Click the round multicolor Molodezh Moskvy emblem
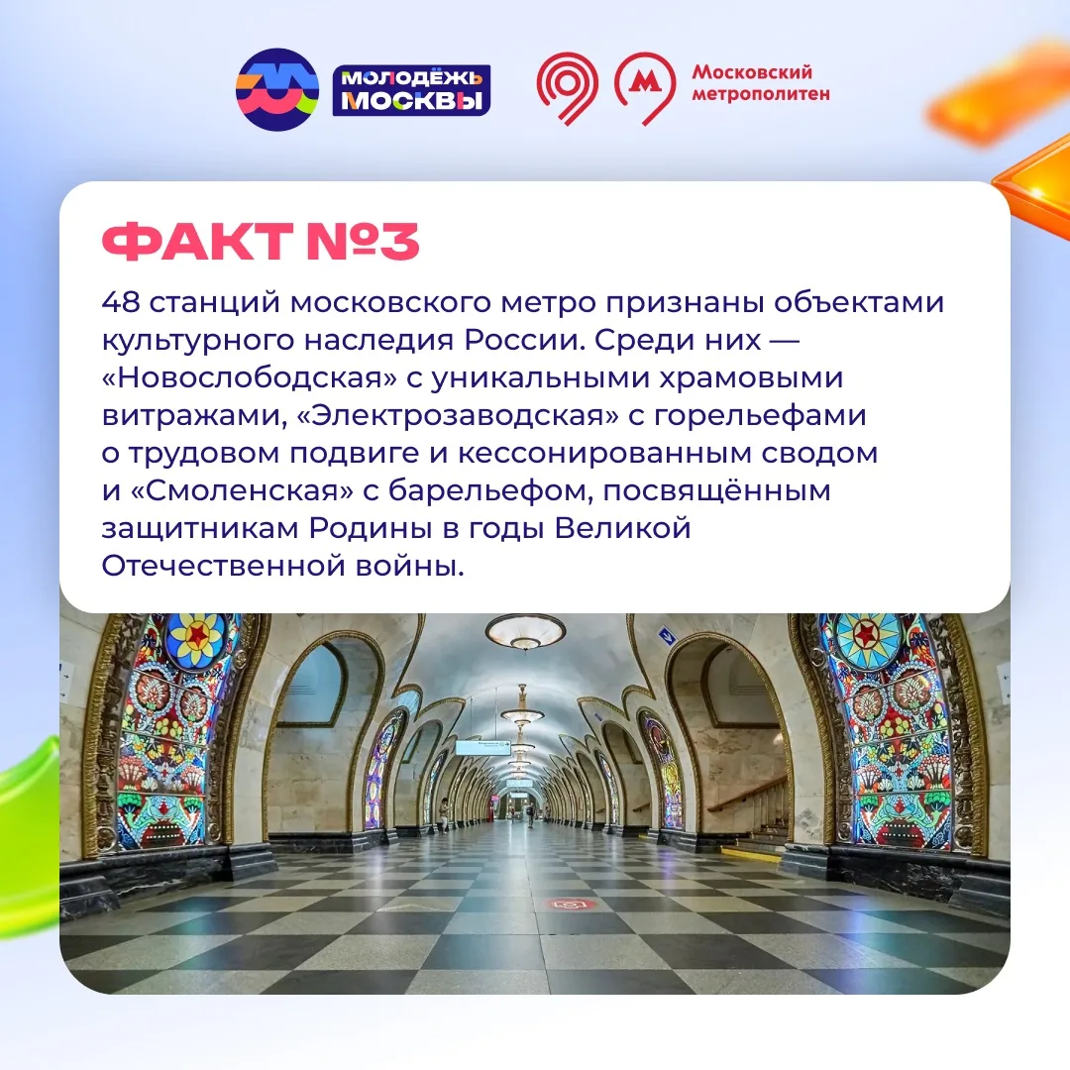pyautogui.click(x=277, y=89)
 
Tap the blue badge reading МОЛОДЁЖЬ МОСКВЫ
pyautogui.click(x=411, y=90)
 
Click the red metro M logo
pyautogui.click(x=645, y=88)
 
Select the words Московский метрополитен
pyautogui.click(x=761, y=82)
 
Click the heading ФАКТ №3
pyautogui.click(x=260, y=242)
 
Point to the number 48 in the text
pyautogui.click(x=121, y=301)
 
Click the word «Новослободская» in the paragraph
pyautogui.click(x=249, y=377)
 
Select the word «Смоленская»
pyautogui.click(x=241, y=490)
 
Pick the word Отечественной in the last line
pyautogui.click(x=223, y=566)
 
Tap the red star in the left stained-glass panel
pyautogui.click(x=197, y=636)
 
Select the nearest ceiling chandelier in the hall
pyautogui.click(x=525, y=630)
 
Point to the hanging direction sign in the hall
pyautogui.click(x=482, y=747)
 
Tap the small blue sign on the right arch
pyautogui.click(x=667, y=637)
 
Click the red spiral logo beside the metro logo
pyautogui.click(x=567, y=88)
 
